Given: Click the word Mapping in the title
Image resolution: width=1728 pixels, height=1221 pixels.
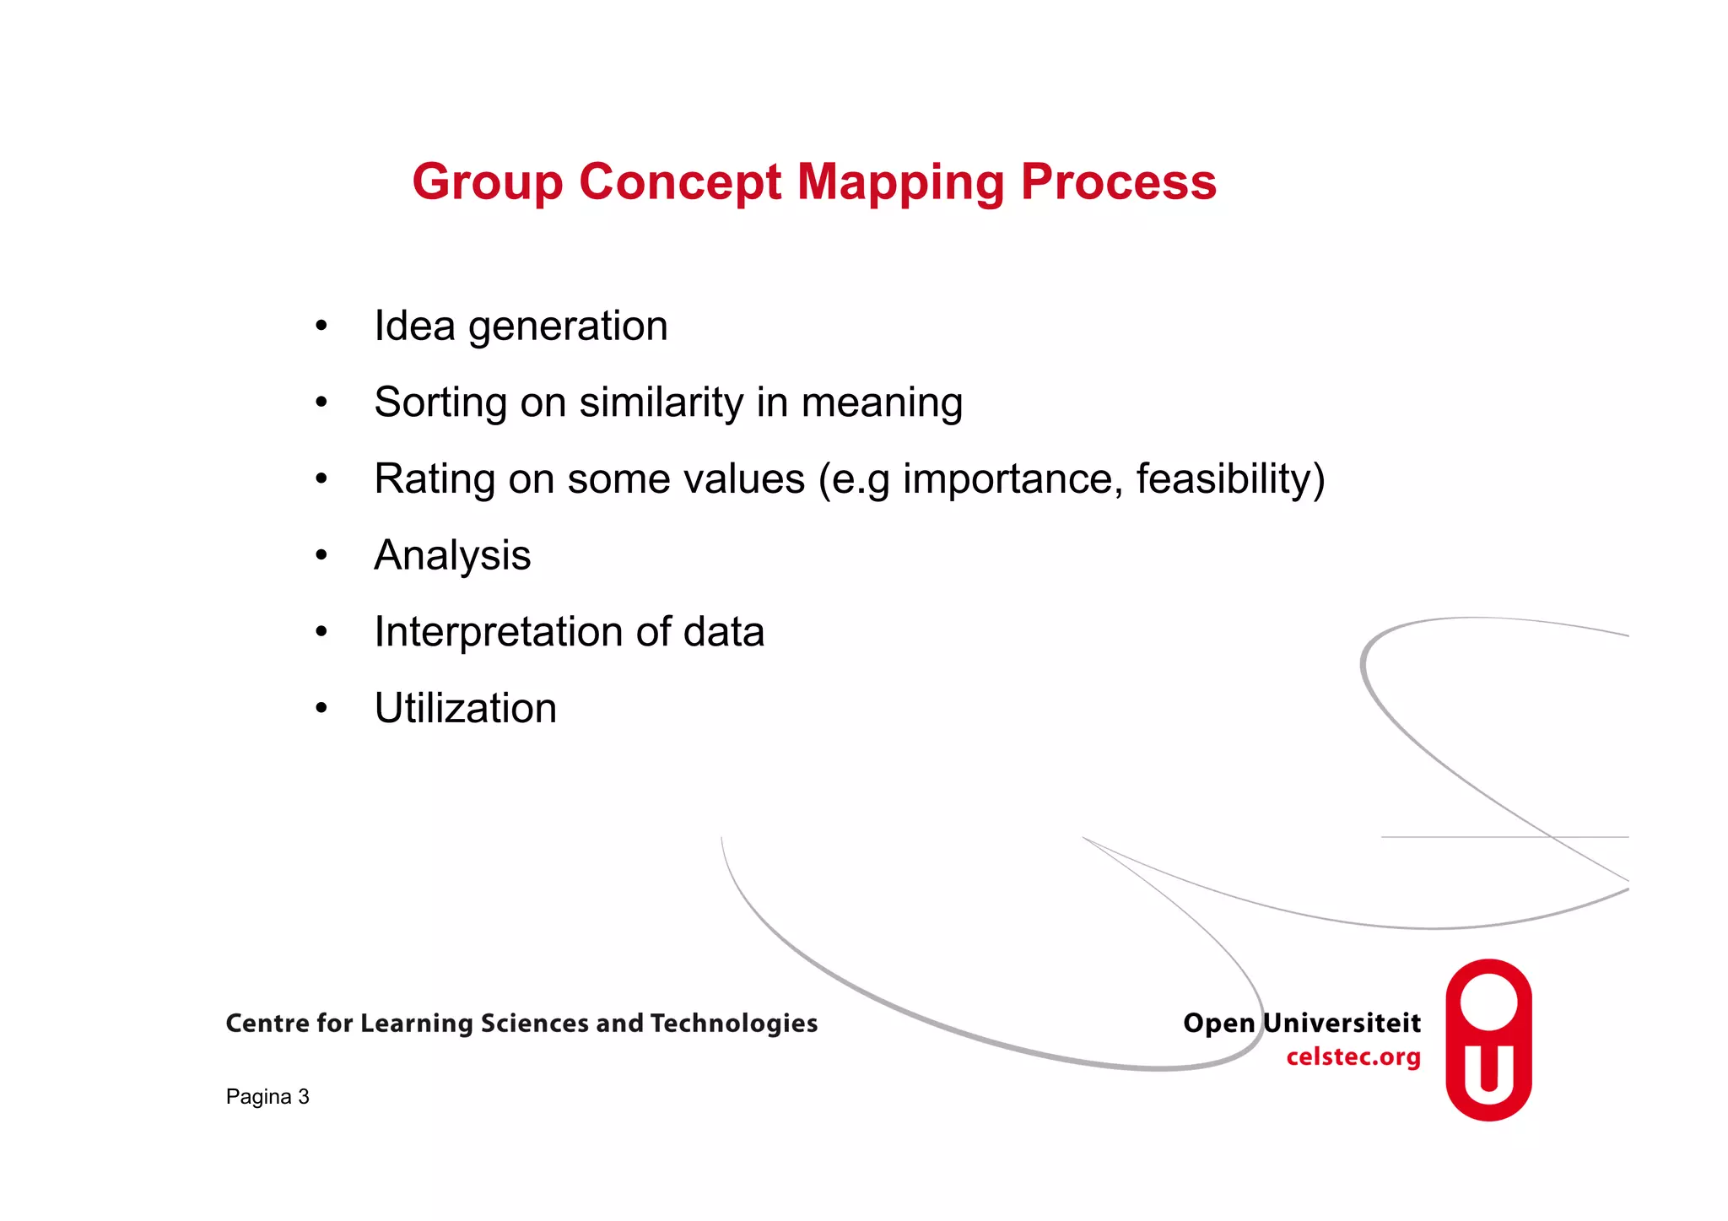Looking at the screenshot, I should tap(900, 182).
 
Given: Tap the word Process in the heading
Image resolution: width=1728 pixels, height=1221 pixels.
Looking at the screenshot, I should tap(1118, 182).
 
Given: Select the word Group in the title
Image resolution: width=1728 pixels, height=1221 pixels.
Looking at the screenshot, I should tap(487, 182).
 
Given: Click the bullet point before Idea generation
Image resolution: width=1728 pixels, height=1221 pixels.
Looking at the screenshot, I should tap(321, 327).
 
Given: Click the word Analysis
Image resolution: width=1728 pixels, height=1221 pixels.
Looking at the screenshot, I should tap(452, 556).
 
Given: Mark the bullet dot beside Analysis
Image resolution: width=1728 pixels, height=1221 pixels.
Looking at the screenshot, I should tap(321, 556).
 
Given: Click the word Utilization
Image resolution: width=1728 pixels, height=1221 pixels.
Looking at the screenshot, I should tap(465, 708).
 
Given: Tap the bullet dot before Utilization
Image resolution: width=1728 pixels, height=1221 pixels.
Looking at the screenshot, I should tap(321, 709).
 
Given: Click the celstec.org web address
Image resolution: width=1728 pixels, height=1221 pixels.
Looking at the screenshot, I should tap(1353, 1057).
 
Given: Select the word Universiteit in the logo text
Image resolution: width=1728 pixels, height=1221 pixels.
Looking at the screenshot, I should tap(1342, 1023).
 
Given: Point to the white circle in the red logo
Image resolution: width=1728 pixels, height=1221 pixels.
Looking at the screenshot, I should tap(1488, 1002).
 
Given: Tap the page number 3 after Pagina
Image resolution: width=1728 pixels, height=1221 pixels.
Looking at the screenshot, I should tap(304, 1097).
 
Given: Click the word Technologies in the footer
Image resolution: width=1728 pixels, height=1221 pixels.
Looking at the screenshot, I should tap(733, 1024).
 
